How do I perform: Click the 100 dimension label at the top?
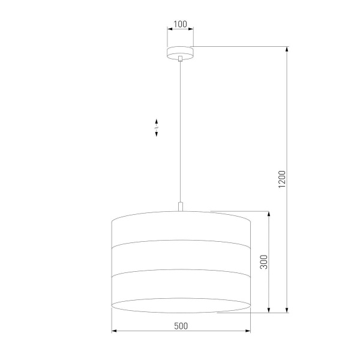[x=180, y=25]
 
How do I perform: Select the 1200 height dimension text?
[x=282, y=181]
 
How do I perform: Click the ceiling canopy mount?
[x=180, y=52]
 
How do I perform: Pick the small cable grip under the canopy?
[x=180, y=59]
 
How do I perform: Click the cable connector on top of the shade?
[x=180, y=207]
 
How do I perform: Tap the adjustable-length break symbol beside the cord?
[x=157, y=127]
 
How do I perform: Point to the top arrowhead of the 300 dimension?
[x=268, y=214]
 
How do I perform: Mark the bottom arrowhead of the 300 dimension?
[x=268, y=310]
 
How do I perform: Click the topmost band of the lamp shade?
[x=180, y=229]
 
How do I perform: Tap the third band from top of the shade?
[x=180, y=288]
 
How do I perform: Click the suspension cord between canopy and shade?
[x=180, y=132]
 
